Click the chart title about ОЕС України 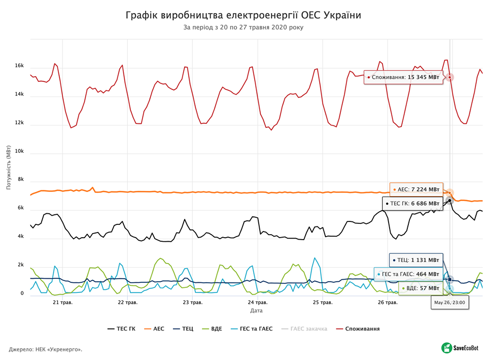click(x=243, y=15)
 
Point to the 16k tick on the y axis click(x=19, y=66)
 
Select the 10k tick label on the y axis click(x=19, y=151)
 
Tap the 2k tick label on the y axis click(x=21, y=265)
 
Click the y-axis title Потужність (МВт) click(x=9, y=166)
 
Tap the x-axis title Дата click(x=256, y=310)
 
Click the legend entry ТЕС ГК click(x=122, y=329)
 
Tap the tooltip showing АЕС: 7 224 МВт click(x=416, y=189)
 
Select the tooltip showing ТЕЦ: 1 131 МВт click(x=415, y=260)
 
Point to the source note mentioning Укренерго click(x=46, y=349)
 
